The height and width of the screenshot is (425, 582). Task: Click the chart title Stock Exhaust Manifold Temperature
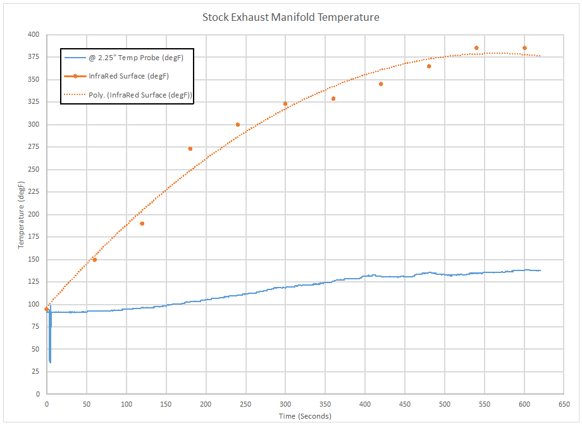tap(291, 17)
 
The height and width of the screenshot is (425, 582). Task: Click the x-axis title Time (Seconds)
tap(305, 416)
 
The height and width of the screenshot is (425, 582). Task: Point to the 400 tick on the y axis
tap(33, 35)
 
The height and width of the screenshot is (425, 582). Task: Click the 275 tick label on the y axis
tap(33, 147)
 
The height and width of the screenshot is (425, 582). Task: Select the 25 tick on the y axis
tap(35, 371)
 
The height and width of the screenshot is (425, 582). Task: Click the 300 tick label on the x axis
tap(285, 403)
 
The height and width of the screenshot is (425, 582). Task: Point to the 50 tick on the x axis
tap(86, 403)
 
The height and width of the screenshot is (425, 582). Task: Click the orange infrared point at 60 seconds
tap(94, 260)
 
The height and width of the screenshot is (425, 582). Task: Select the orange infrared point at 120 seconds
tap(142, 224)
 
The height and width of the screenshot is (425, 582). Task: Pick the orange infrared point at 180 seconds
tap(190, 149)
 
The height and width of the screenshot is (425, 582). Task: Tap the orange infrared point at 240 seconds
tap(238, 125)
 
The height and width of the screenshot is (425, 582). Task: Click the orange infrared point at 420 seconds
tap(381, 84)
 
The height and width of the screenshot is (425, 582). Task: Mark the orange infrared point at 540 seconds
tap(476, 48)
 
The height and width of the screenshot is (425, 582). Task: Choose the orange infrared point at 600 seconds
tap(524, 48)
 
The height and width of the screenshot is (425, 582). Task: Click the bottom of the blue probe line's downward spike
tap(50, 362)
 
